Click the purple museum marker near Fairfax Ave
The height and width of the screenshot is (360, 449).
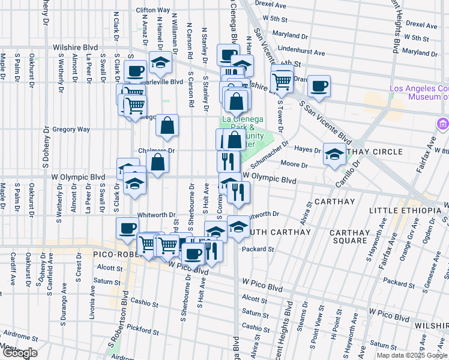[444, 125]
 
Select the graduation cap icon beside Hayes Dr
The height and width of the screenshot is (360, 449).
[334, 154]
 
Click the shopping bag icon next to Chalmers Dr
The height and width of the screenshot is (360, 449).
[157, 162]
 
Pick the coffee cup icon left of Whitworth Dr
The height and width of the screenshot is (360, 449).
[128, 228]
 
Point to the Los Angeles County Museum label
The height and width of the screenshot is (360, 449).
[419, 92]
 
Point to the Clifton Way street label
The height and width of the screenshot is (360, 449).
[152, 10]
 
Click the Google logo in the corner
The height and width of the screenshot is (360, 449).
[20, 353]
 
